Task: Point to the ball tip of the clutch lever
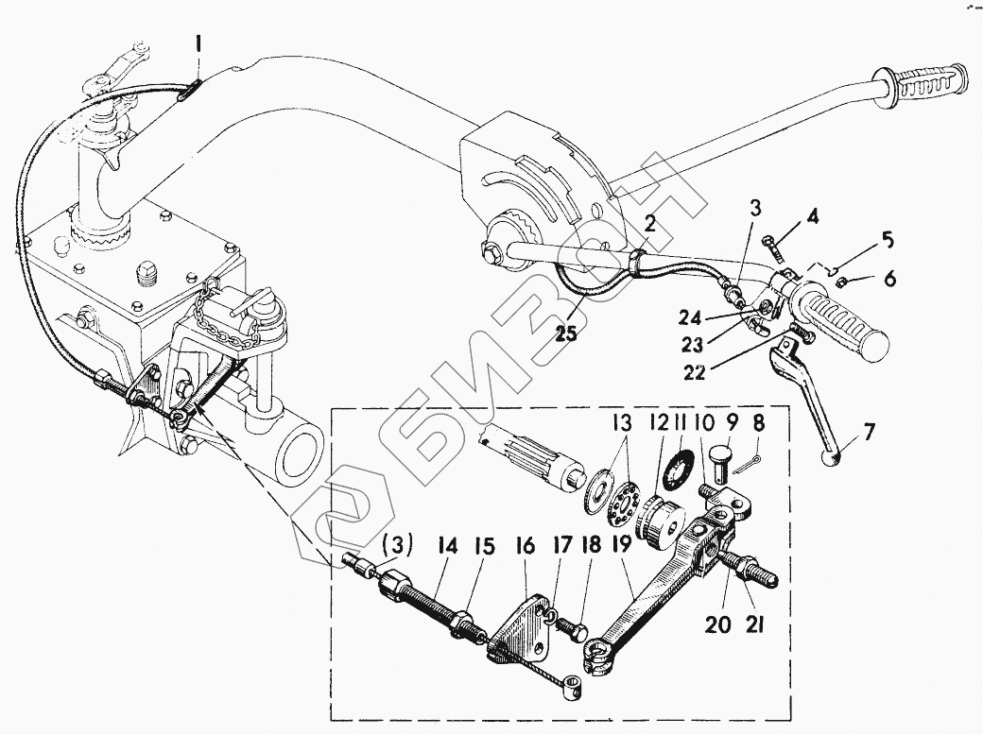[832, 459]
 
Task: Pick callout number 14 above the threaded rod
[448, 546]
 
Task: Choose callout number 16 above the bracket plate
[524, 546]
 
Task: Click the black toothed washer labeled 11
[683, 469]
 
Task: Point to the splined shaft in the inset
[536, 453]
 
